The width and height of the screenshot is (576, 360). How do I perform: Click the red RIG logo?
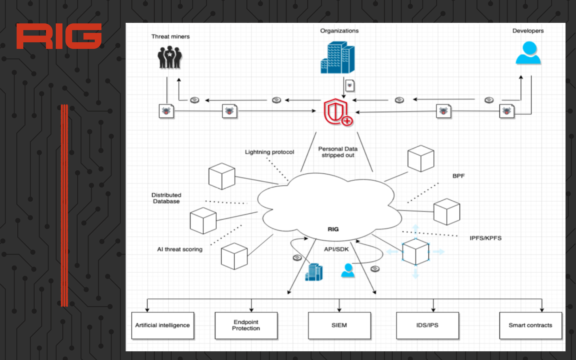[x=59, y=36]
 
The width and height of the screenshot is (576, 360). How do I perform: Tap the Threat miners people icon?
[x=170, y=57]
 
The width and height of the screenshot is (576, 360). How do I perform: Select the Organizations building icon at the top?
[x=338, y=58]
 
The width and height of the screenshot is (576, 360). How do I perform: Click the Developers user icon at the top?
[x=528, y=53]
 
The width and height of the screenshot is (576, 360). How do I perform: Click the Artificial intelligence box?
[x=163, y=325]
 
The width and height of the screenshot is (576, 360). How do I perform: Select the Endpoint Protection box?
[x=246, y=325]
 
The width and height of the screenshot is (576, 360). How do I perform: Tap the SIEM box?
[x=339, y=325]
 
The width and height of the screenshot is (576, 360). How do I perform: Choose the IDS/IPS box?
[x=427, y=325]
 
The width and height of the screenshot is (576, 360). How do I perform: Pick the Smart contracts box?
[x=530, y=325]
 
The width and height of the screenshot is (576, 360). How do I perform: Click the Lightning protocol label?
[x=269, y=152]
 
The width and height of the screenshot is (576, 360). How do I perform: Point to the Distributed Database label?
[x=166, y=198]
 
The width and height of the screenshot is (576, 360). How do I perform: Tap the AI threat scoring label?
[x=180, y=249]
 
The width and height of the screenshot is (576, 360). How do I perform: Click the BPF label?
[x=458, y=176]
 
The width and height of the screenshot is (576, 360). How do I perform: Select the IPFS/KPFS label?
[x=485, y=238]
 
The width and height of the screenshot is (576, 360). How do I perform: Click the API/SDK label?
[x=336, y=249]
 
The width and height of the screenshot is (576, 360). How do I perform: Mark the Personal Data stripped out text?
[x=338, y=152]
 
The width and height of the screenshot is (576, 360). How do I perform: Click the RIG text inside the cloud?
[x=333, y=229]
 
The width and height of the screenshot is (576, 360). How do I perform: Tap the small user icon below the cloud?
[x=348, y=270]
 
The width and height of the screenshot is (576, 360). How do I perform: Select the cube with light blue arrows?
[x=416, y=252]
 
